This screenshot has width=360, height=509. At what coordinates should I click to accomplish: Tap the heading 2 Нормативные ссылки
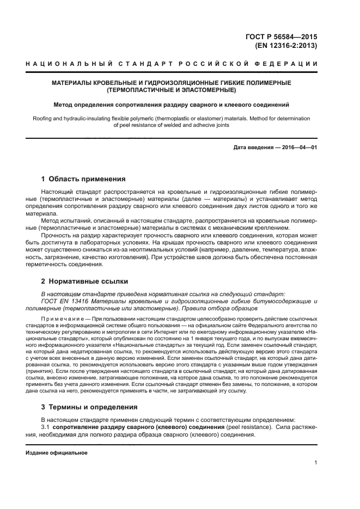[x=84, y=281]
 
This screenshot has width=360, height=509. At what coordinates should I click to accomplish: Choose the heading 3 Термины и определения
[x=89, y=407]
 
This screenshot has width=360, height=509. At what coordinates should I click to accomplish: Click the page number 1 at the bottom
[x=315, y=463]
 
